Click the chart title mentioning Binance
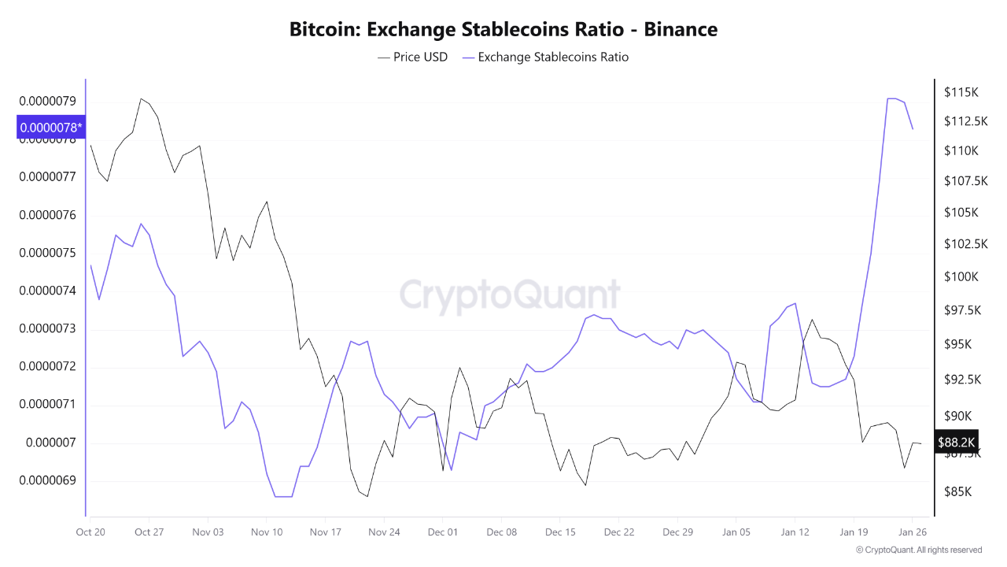(503, 30)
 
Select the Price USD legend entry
(413, 57)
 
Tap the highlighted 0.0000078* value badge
(50, 127)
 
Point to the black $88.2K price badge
(956, 443)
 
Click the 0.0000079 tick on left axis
(47, 102)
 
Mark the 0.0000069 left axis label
(47, 480)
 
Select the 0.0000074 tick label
(47, 291)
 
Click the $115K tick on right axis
(961, 92)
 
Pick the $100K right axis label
(961, 276)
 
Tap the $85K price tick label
(957, 492)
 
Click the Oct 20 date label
(90, 532)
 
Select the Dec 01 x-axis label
(442, 532)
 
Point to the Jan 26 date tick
(912, 532)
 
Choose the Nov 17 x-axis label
(325, 532)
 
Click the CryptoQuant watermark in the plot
(510, 295)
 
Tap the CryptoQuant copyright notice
(919, 550)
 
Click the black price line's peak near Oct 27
(141, 98)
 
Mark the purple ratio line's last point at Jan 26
(912, 129)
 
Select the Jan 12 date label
(795, 532)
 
